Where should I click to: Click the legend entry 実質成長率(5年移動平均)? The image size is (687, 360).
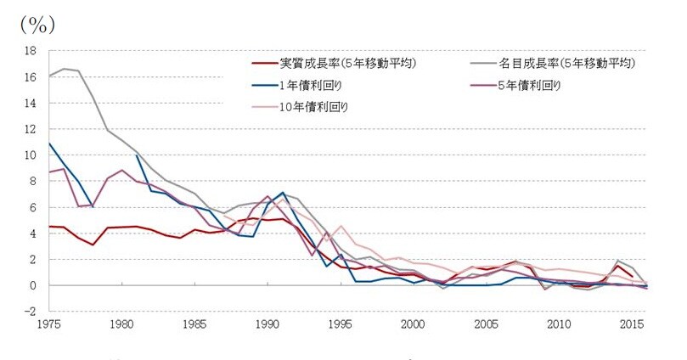click(347, 63)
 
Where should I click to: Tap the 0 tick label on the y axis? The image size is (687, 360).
click(32, 285)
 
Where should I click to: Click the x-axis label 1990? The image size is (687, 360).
click(267, 324)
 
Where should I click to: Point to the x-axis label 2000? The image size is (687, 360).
click(413, 324)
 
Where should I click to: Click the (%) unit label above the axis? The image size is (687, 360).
click(37, 24)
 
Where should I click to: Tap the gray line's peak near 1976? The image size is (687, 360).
click(64, 69)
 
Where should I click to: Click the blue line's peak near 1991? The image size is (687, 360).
click(283, 193)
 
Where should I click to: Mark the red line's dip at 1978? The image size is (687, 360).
click(93, 245)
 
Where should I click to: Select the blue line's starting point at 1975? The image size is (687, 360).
click(48, 143)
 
